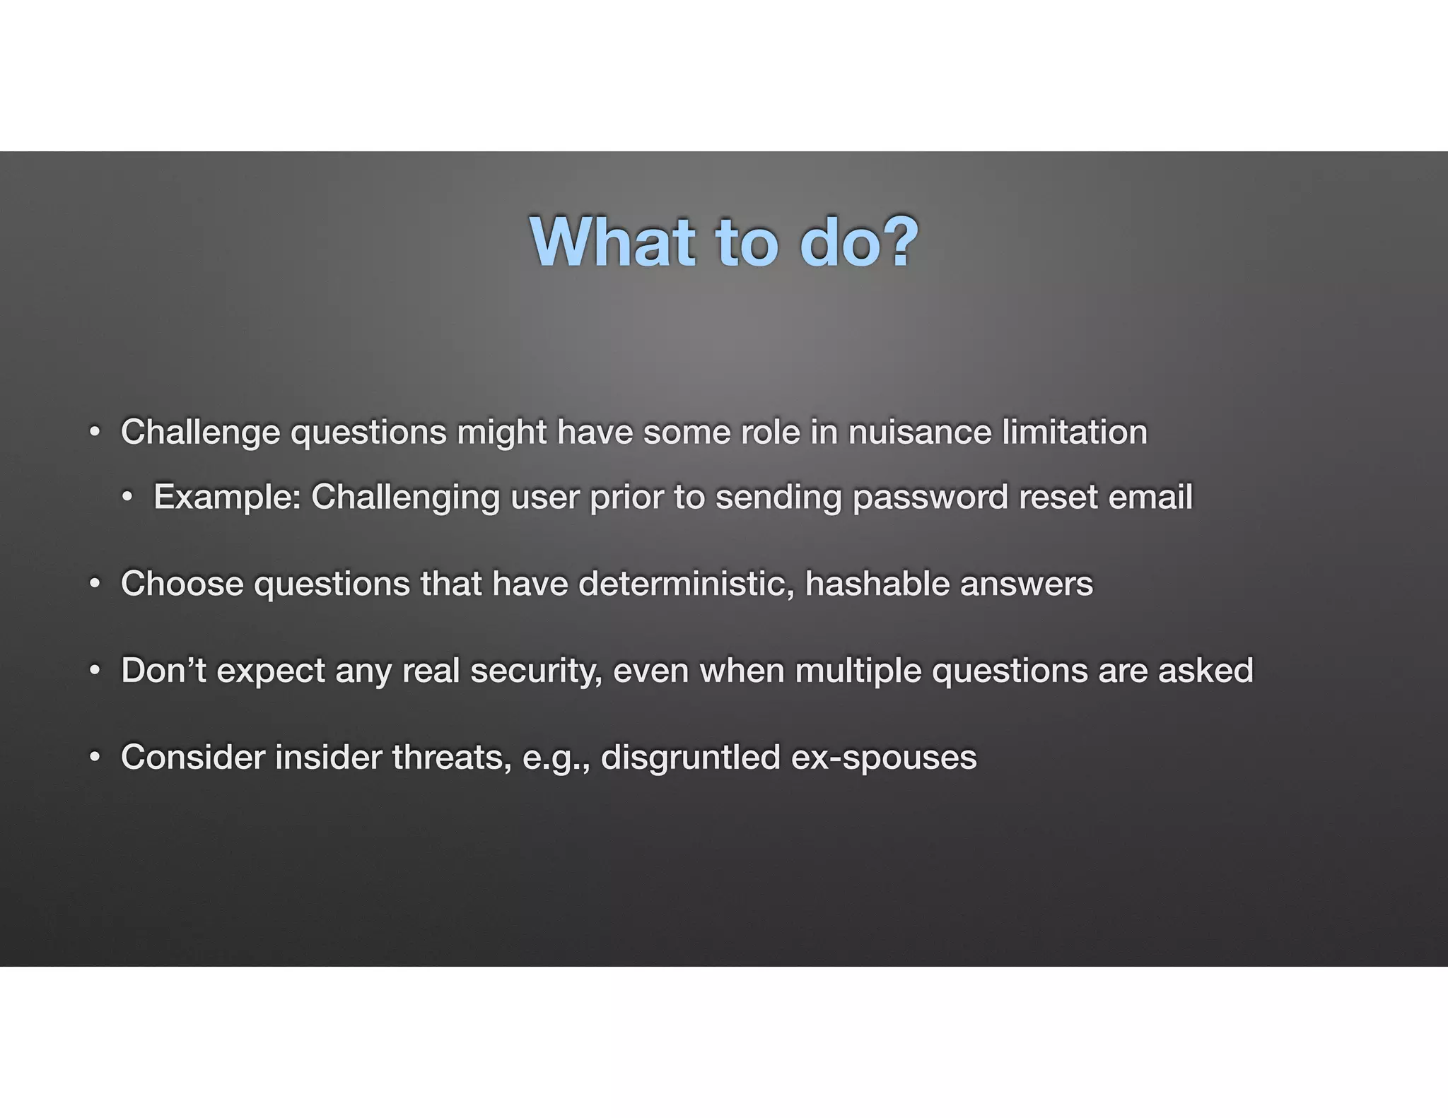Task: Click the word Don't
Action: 163,671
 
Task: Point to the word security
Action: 536,671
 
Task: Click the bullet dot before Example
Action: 127,498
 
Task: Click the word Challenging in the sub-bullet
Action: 405,497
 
